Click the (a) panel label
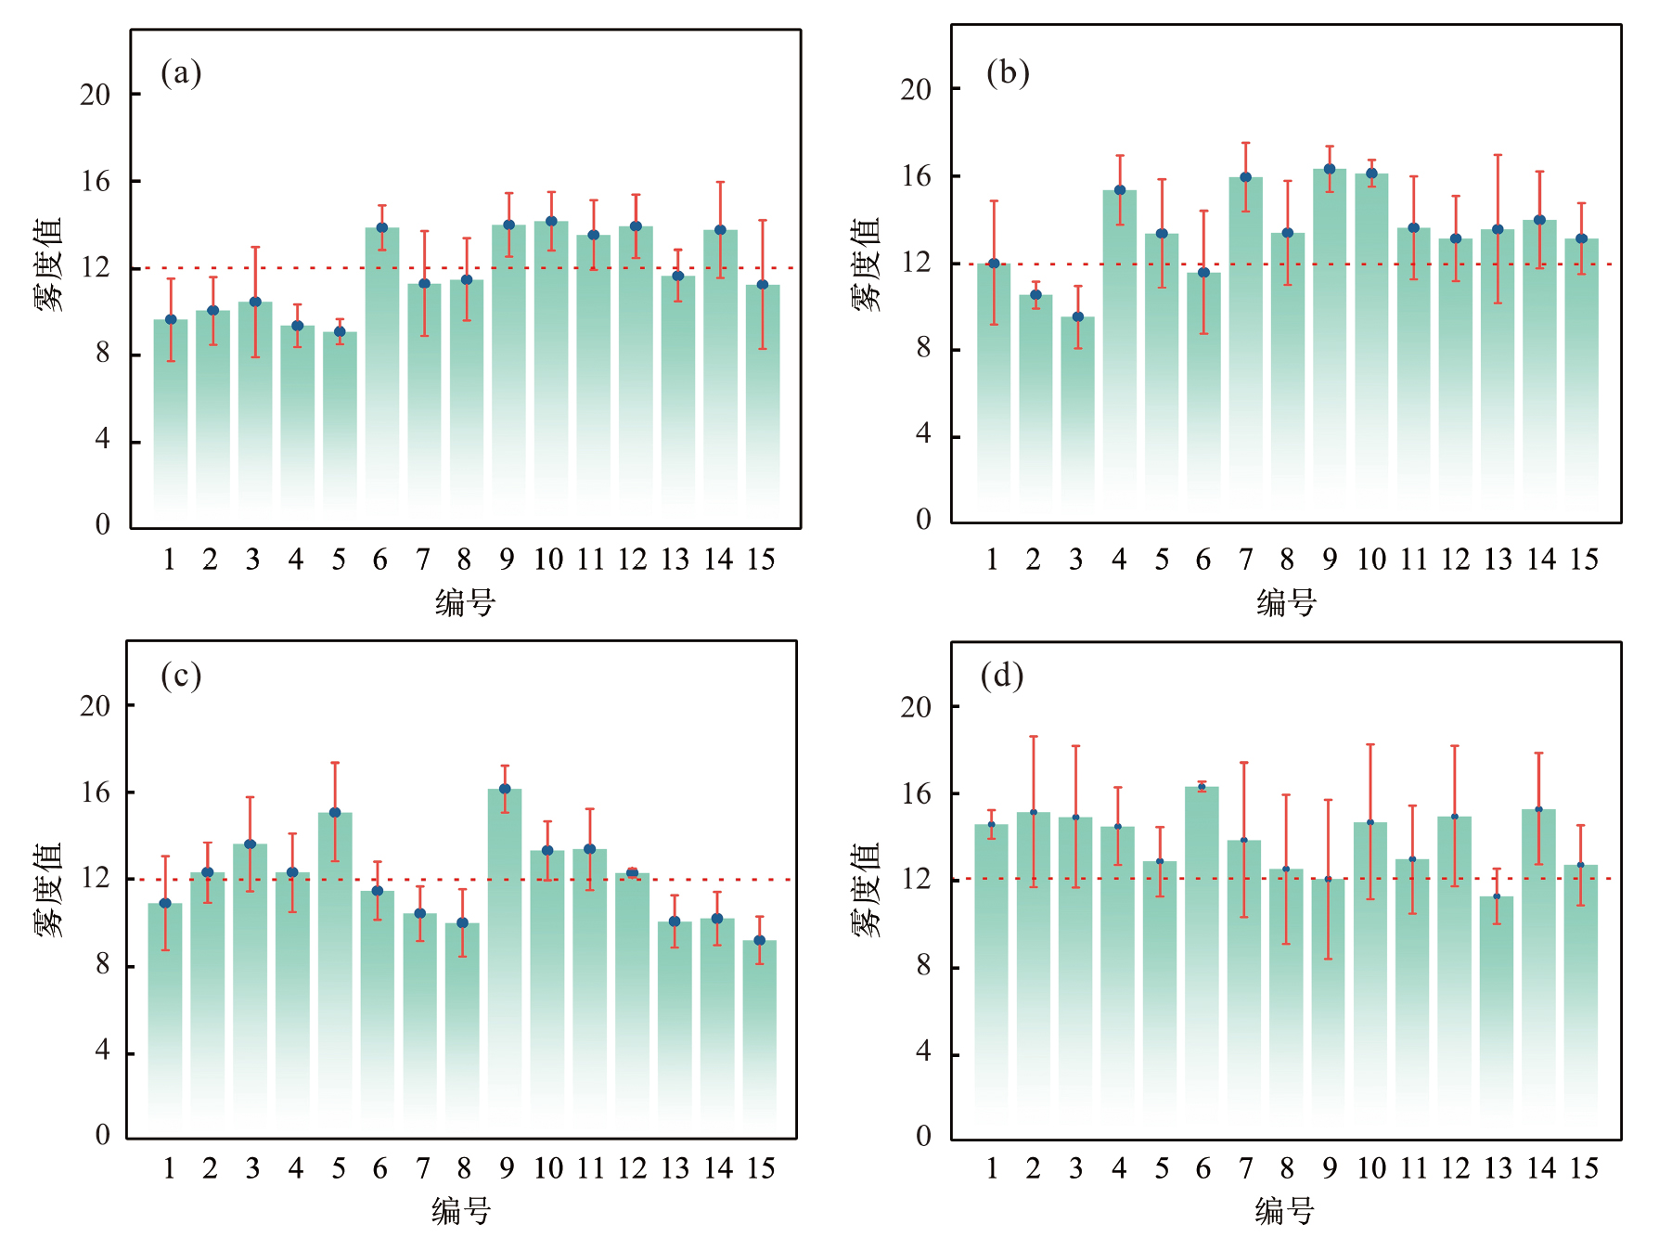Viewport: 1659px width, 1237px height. click(181, 72)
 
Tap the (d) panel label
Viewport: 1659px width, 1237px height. click(1002, 676)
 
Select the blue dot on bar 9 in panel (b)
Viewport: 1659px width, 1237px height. click(1330, 169)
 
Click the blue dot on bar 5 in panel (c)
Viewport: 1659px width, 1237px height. click(335, 813)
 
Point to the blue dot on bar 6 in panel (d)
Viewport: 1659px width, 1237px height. click(1202, 787)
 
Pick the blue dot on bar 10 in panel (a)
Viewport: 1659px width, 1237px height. click(551, 221)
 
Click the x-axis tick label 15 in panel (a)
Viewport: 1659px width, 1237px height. click(761, 560)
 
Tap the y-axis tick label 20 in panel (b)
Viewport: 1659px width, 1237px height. click(915, 90)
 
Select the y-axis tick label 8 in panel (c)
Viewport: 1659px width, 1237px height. click(102, 965)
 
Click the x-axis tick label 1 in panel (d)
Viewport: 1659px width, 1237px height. click(992, 1168)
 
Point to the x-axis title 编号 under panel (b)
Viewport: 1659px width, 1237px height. click(1287, 603)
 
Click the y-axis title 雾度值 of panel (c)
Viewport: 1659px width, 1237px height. click(49, 890)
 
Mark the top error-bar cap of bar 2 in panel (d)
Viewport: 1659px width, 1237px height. click(1034, 737)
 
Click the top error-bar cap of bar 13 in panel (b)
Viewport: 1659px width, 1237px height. click(1498, 155)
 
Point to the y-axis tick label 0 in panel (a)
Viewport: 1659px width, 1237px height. click(102, 525)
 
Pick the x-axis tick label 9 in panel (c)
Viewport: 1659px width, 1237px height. click(506, 1168)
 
